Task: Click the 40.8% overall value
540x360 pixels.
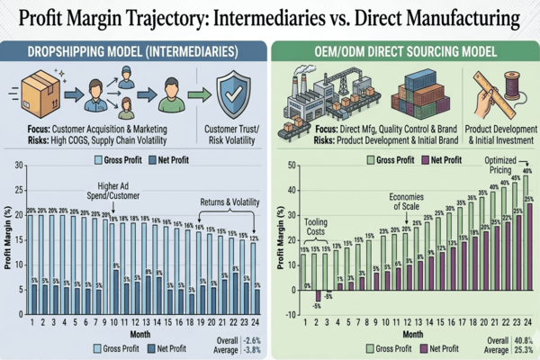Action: (x=522, y=341)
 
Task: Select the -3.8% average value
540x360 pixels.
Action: (x=253, y=349)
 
